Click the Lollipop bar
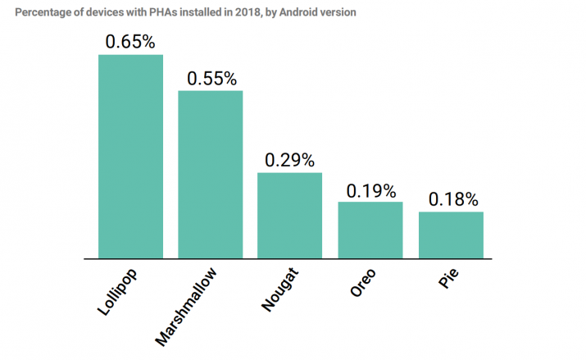pos(131,156)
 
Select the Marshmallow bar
pos(211,174)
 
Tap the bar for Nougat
pos(290,215)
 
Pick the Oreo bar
pos(370,230)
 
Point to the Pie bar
pos(451,235)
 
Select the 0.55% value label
pos(211,79)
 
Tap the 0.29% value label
pos(290,161)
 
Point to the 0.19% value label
pos(370,190)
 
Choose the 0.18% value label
pos(452,200)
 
